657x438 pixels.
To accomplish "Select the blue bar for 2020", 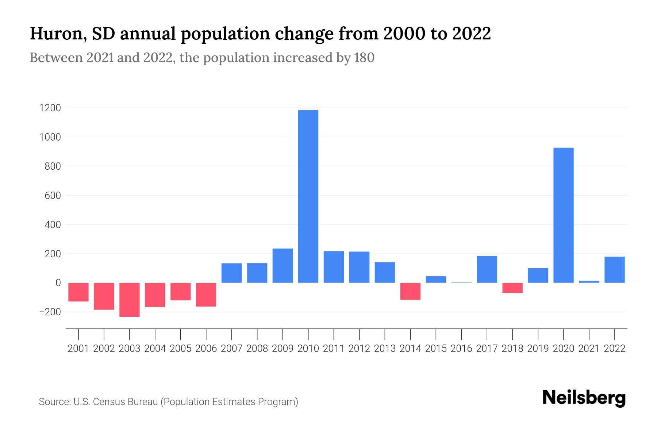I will pyautogui.click(x=563, y=215).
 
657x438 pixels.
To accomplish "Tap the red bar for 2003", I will pyautogui.click(x=130, y=300).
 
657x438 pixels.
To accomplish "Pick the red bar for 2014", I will pyautogui.click(x=410, y=291).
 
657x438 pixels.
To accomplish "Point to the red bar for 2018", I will pyautogui.click(x=512, y=288).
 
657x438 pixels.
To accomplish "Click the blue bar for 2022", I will pyautogui.click(x=614, y=270).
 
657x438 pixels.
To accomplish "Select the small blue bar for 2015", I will pyautogui.click(x=436, y=280).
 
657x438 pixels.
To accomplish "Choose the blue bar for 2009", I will pyautogui.click(x=283, y=266).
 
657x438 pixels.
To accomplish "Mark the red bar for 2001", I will pyautogui.click(x=78, y=292).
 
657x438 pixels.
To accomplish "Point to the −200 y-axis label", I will pyautogui.click(x=50, y=312).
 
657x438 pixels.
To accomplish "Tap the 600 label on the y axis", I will pyautogui.click(x=53, y=196).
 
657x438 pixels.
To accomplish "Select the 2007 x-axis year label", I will pyautogui.click(x=231, y=349).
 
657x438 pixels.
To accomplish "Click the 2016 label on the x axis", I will pyautogui.click(x=461, y=349).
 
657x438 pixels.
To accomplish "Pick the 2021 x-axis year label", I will pyautogui.click(x=589, y=349).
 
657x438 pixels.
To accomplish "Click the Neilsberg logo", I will pyautogui.click(x=584, y=398).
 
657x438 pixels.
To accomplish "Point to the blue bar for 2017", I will pyautogui.click(x=487, y=269).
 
